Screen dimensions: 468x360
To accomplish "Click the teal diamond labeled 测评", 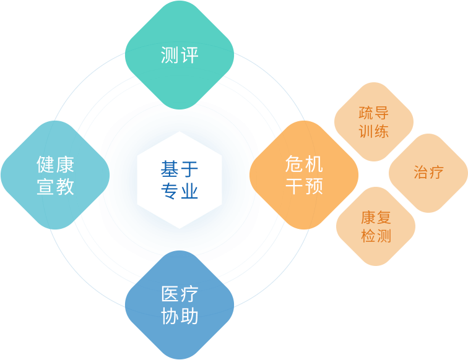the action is (180, 55).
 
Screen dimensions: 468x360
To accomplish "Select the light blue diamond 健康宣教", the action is (55, 175).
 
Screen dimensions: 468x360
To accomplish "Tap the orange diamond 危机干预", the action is (304, 175).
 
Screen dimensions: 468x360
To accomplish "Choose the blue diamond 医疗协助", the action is (180, 305).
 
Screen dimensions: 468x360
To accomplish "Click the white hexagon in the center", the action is (180, 180).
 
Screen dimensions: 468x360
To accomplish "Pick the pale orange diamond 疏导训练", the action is (374, 122).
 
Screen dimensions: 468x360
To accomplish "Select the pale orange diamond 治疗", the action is (428, 173).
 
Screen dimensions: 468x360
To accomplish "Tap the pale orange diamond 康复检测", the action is (376, 226).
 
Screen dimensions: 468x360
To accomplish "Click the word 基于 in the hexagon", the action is (180, 169).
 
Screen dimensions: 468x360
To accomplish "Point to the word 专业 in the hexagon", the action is (180, 191).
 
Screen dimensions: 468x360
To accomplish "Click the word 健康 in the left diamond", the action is (55, 165).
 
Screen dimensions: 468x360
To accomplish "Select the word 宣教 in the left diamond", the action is (55, 186).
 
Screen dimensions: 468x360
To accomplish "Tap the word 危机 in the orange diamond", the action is (304, 164).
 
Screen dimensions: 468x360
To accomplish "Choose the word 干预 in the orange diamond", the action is (304, 186).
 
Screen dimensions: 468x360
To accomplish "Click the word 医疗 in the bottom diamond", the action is (180, 294).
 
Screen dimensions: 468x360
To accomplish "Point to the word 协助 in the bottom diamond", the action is (180, 316).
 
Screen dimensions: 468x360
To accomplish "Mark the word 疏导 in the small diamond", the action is (374, 113).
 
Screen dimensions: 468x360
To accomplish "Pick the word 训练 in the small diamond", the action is (374, 131).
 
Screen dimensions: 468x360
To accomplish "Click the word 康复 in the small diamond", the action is (376, 217).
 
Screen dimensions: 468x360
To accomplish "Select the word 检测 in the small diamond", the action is (376, 236).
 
